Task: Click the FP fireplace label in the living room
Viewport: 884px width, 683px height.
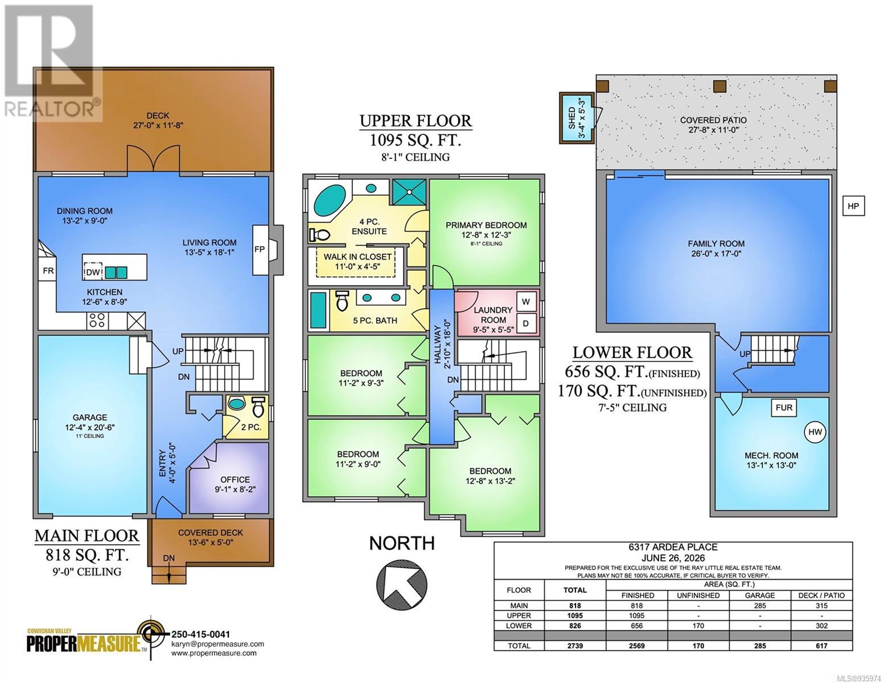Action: [259, 249]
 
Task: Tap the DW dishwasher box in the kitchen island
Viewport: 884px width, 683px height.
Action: [93, 272]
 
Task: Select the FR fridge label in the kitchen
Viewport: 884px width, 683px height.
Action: [48, 270]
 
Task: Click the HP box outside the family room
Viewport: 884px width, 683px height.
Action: [853, 206]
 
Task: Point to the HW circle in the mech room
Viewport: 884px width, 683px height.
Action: [815, 432]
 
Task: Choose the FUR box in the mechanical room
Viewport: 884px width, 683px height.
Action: [784, 408]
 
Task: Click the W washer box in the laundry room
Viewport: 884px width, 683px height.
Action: [525, 302]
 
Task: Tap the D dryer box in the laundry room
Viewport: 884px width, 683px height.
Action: [525, 324]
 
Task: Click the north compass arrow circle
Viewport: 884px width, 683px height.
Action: [402, 582]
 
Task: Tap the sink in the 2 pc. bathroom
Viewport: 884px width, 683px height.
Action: [235, 404]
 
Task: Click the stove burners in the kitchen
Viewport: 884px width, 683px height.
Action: [97, 320]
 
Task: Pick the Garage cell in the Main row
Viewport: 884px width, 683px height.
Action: [759, 606]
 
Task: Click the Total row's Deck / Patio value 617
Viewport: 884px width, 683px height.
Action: [821, 645]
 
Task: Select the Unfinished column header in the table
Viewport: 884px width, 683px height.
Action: [698, 595]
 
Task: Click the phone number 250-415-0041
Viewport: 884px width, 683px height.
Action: [200, 634]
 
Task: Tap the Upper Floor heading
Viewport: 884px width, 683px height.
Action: [416, 121]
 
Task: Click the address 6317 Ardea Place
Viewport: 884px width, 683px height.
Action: [673, 547]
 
